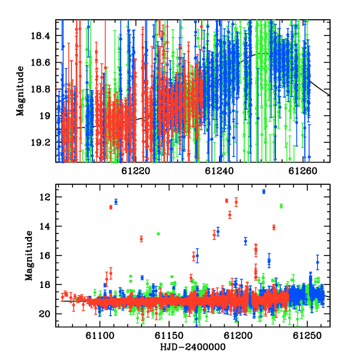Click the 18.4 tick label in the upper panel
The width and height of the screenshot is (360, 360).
(40, 36)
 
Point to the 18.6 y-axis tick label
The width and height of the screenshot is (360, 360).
(40, 62)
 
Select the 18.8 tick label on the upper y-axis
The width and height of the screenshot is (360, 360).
(40, 89)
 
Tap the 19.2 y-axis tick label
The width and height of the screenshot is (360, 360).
(40, 143)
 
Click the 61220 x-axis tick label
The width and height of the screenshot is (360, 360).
(136, 171)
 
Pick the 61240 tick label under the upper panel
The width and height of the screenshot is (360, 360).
(219, 171)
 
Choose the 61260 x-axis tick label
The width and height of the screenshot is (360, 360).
(303, 171)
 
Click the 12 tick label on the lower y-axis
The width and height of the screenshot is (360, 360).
(44, 197)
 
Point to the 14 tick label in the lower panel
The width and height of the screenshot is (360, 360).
(44, 226)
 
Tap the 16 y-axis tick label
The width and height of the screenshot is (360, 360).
(44, 256)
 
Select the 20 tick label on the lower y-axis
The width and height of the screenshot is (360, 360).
(44, 314)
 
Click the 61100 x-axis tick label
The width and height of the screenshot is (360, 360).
(100, 335)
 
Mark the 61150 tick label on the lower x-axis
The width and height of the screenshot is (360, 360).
(169, 335)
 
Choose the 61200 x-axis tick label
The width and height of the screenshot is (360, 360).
(238, 335)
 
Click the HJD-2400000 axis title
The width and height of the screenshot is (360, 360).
(193, 347)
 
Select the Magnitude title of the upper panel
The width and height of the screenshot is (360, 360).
(20, 91)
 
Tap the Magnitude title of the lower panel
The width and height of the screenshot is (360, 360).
(29, 256)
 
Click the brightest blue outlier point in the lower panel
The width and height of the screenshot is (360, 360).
(264, 191)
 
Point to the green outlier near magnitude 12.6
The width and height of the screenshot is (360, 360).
(281, 206)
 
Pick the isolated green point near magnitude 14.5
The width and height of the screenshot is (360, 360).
(158, 234)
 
